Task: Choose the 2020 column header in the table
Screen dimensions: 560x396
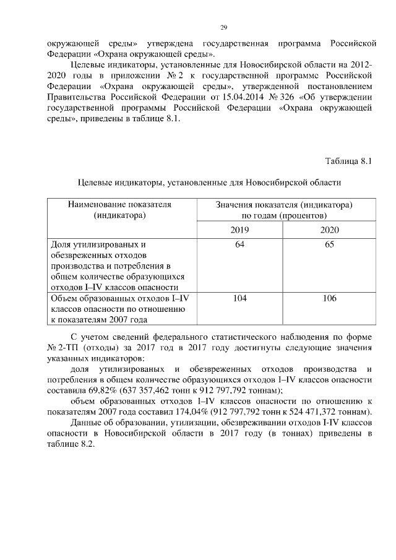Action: (x=329, y=230)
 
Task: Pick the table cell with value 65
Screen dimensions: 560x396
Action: (x=329, y=245)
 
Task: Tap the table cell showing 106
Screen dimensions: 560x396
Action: (x=329, y=298)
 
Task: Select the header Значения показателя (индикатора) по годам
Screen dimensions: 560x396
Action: (x=284, y=210)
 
